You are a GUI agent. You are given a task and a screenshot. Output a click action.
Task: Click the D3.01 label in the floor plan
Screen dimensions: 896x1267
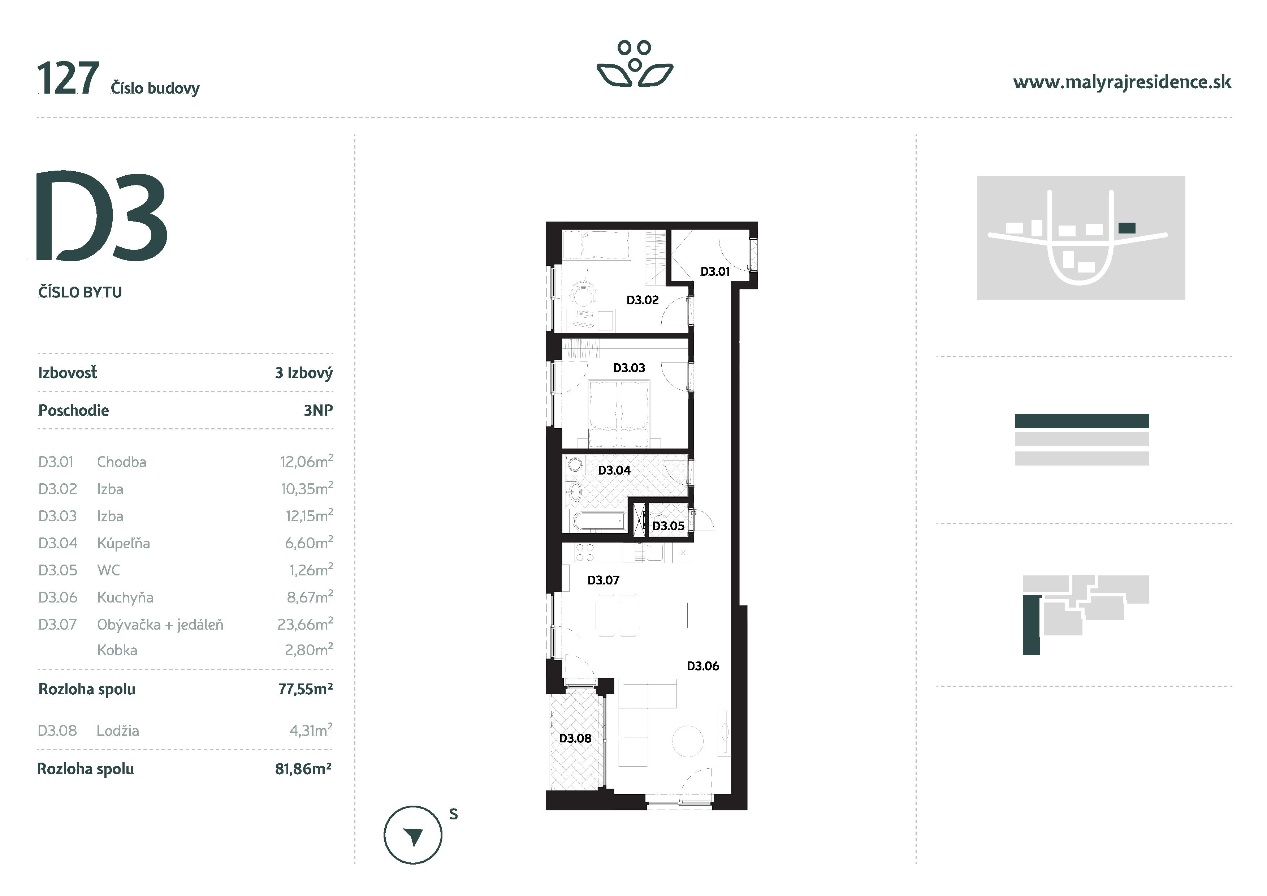tap(715, 271)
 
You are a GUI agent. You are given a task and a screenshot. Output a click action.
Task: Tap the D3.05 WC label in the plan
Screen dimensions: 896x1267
tap(668, 526)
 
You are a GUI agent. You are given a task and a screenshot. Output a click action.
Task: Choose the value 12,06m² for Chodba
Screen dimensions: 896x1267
tap(306, 462)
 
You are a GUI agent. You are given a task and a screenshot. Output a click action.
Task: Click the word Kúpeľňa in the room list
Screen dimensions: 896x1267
tap(123, 543)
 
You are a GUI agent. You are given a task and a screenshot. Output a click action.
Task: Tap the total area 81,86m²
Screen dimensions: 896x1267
tap(303, 769)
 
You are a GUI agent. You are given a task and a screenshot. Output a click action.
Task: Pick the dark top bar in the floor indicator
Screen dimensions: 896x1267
tap(1082, 421)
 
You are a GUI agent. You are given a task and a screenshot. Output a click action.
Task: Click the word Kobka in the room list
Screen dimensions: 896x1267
tap(117, 650)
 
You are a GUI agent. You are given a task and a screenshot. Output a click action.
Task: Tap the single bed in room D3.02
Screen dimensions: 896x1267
tap(596, 246)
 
